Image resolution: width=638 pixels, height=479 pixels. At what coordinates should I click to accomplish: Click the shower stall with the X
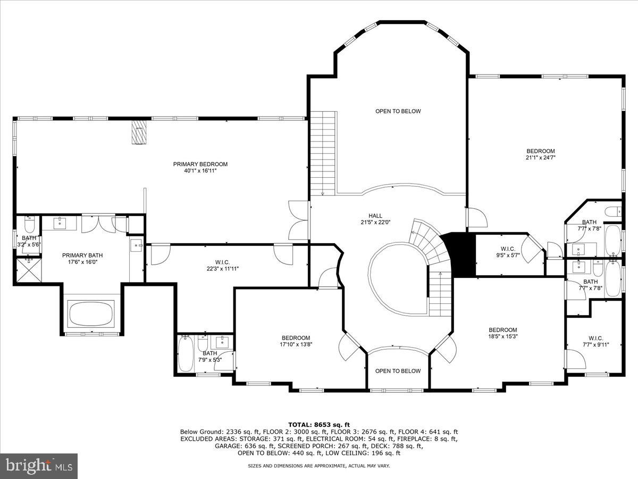pyautogui.click(x=27, y=270)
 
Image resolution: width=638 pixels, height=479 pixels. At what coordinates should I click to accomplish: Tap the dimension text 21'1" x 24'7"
pyautogui.click(x=541, y=158)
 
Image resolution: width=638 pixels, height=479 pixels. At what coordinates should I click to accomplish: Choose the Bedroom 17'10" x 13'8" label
pyautogui.click(x=296, y=341)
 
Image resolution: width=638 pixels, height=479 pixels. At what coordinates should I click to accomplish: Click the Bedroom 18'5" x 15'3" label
pyautogui.click(x=503, y=333)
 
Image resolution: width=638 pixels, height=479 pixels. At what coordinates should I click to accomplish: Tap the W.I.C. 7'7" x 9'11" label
pyautogui.click(x=595, y=341)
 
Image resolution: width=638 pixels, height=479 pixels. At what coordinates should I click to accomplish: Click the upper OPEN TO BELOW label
pyautogui.click(x=398, y=111)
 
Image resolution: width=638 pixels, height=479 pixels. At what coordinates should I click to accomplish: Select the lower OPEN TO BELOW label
pyautogui.click(x=398, y=371)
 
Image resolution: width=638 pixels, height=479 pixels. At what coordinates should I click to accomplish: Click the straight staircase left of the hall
pyautogui.click(x=322, y=153)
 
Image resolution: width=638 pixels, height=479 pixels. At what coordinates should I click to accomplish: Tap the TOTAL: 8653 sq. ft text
pyautogui.click(x=319, y=424)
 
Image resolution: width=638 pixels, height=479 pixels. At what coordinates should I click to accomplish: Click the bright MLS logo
pyautogui.click(x=39, y=466)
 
